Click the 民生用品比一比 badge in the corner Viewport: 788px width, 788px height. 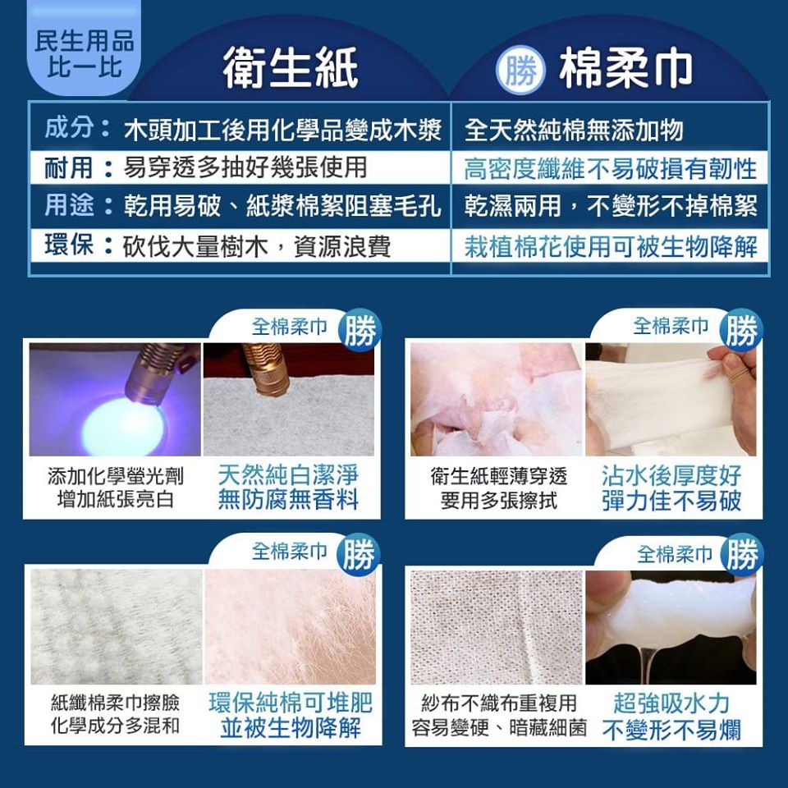84,50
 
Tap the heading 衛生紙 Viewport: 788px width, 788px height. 290,67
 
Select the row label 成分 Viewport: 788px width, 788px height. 69,128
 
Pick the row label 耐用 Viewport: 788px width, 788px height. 68,167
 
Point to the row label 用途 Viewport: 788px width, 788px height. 69,205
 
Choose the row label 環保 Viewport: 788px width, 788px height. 69,245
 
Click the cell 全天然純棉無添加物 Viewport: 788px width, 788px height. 574,131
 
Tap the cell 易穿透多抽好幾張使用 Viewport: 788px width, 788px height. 245,167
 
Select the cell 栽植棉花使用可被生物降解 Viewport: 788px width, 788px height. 610,246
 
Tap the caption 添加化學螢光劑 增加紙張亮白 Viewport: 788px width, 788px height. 116,488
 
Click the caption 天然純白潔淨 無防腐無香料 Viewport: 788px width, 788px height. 288,488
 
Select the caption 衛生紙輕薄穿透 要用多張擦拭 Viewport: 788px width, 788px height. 498,488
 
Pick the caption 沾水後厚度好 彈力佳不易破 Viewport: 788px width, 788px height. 671,488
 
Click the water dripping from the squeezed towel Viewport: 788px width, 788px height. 648,663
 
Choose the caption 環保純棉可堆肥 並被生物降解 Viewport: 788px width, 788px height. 290,716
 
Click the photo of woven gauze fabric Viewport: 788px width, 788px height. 497,627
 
